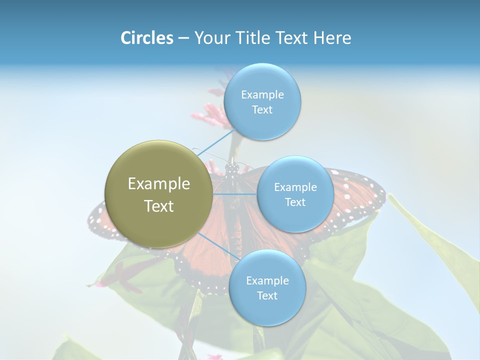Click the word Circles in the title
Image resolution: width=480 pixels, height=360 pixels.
(146, 38)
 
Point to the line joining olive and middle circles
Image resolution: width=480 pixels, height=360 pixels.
(235, 194)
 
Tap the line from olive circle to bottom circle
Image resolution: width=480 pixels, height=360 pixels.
(219, 246)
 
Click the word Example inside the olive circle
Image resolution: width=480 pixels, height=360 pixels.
(158, 184)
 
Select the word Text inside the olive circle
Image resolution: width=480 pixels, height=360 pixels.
(158, 206)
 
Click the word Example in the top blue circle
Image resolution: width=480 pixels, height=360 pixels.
(262, 94)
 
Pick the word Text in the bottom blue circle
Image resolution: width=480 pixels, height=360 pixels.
(267, 295)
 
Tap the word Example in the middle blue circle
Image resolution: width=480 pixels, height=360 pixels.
(295, 187)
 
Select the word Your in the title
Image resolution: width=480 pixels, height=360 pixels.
(210, 38)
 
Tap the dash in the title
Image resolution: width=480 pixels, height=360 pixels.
(183, 38)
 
